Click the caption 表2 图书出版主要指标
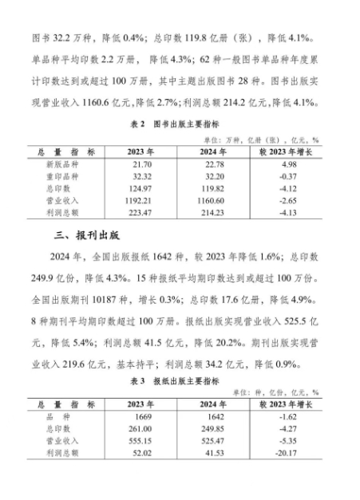point(180,124)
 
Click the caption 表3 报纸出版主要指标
point(180,381)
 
